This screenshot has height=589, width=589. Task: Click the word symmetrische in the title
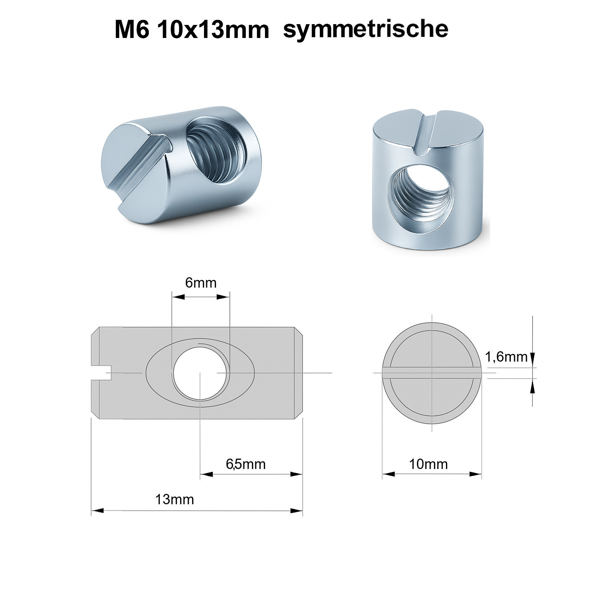tap(365, 29)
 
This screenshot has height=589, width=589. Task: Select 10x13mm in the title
tap(213, 30)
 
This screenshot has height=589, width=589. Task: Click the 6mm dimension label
tap(201, 283)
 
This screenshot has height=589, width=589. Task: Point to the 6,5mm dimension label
tap(246, 464)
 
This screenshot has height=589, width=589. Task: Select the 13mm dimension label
tap(174, 500)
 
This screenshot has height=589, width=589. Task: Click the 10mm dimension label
tap(428, 464)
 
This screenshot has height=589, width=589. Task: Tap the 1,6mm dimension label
tap(507, 357)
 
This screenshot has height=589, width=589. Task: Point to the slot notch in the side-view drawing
tap(101, 373)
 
